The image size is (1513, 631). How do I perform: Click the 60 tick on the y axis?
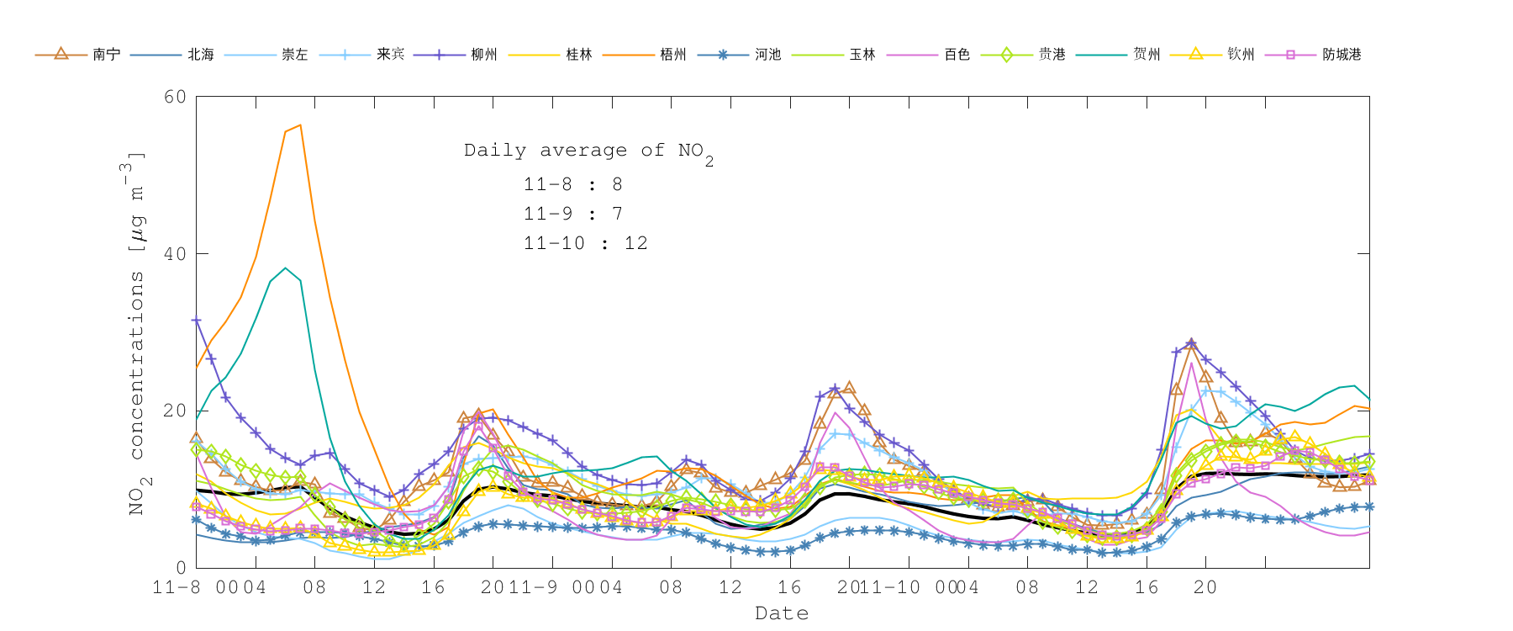click(176, 97)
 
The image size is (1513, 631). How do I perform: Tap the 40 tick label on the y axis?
click(176, 254)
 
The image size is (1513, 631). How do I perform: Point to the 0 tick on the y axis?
click(181, 568)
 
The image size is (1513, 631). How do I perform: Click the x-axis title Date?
click(782, 613)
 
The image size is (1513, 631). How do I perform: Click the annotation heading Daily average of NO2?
click(588, 151)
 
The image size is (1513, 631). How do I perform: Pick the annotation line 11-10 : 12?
click(585, 243)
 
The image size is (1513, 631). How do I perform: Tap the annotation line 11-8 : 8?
click(572, 184)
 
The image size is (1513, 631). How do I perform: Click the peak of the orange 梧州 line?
click(300, 125)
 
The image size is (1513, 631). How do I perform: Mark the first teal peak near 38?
click(285, 268)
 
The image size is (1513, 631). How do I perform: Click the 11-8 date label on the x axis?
click(177, 587)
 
